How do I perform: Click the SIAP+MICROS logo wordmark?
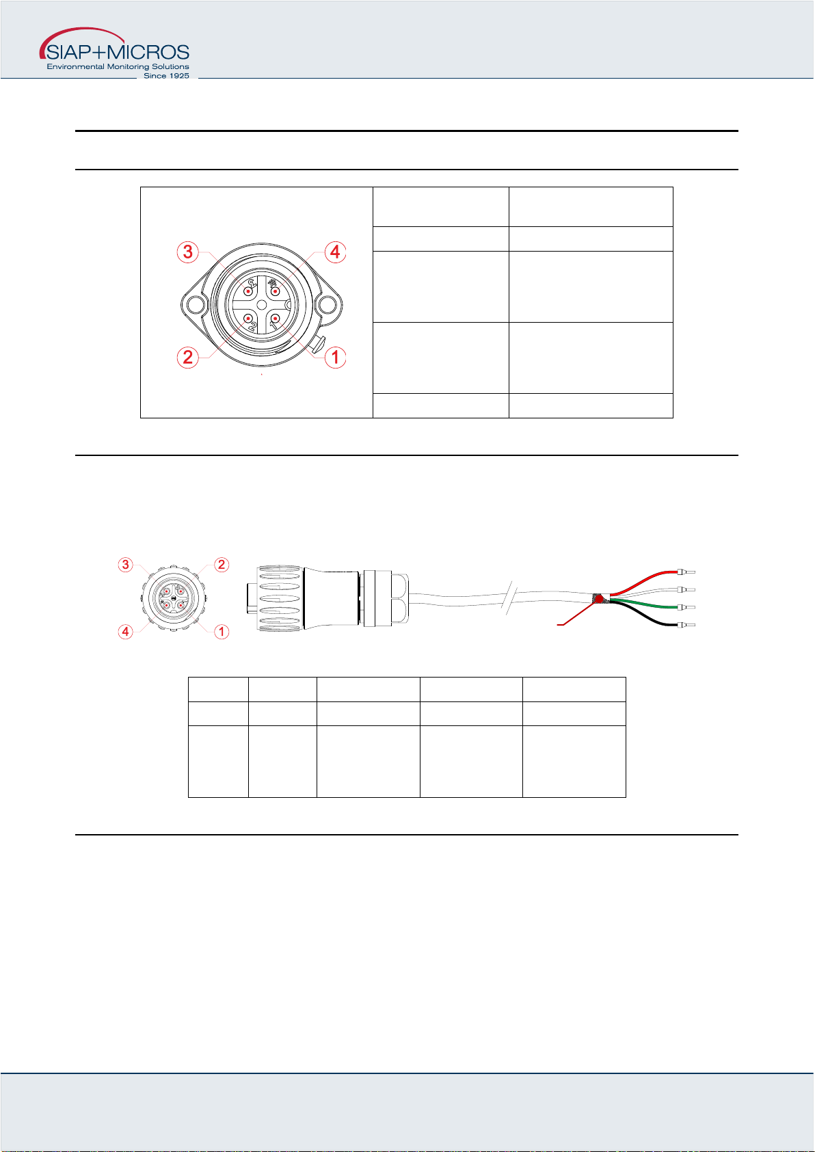click(118, 52)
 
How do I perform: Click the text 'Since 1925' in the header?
click(166, 76)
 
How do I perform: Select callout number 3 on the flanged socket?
click(187, 252)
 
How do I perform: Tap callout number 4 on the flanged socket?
click(335, 252)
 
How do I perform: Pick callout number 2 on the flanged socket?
click(187, 357)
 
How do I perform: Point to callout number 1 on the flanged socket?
click(335, 357)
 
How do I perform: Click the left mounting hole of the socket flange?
click(196, 304)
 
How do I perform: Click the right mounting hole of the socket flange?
click(327, 304)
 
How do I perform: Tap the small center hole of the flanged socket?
click(262, 305)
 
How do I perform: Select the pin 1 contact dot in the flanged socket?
click(275, 319)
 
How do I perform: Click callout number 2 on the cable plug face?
click(222, 565)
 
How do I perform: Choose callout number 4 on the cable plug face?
click(126, 632)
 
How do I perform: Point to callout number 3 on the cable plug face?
click(126, 565)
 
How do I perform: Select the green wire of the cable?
click(643, 604)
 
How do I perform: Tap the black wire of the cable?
click(643, 616)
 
